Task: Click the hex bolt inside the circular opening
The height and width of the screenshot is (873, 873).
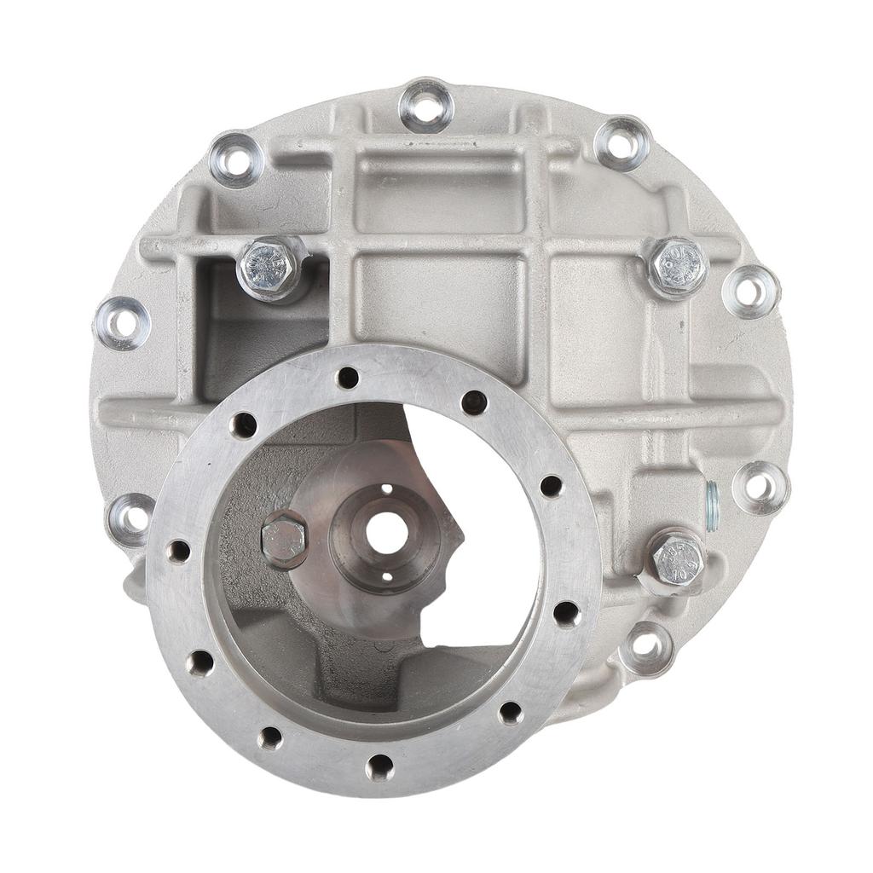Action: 283,539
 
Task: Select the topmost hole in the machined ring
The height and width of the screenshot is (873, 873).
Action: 348,377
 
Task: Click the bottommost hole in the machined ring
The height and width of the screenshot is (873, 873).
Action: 379,766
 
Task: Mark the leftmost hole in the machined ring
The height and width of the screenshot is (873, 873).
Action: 178,551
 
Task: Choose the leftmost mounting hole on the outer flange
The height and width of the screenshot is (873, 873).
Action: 122,323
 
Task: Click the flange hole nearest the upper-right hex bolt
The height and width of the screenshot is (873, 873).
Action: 749,292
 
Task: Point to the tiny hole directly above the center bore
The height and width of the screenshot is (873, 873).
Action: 386,489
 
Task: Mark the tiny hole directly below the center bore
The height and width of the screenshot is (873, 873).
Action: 386,577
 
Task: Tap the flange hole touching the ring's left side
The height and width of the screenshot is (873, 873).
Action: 130,516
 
